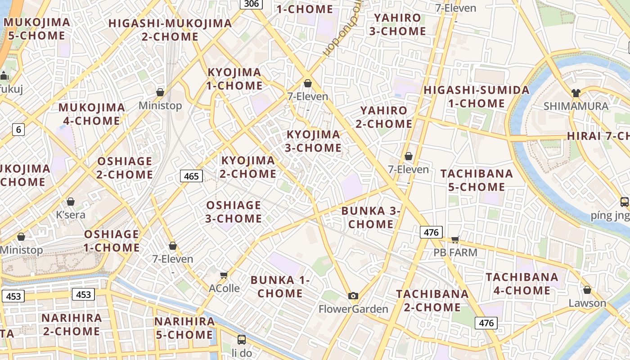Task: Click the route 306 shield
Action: (252, 4)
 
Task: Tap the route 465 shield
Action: (191, 176)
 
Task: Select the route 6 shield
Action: (18, 130)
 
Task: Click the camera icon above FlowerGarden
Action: (353, 296)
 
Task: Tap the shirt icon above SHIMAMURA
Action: (576, 93)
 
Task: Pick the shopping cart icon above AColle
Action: (224, 274)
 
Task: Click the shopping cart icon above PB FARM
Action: (455, 239)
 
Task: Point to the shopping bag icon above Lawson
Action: (587, 289)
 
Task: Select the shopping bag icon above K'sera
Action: (71, 201)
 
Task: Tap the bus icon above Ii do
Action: (242, 339)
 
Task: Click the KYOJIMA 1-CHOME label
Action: (234, 79)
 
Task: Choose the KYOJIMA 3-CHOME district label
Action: (314, 141)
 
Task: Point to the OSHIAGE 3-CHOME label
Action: (234, 211)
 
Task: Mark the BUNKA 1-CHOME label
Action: (280, 287)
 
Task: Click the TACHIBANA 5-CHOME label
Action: (477, 180)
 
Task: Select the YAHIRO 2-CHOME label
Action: (384, 117)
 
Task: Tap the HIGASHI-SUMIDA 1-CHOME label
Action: (477, 96)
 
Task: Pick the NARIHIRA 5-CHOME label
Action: (184, 328)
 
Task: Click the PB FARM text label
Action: (455, 252)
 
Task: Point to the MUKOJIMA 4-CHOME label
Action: (92, 114)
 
